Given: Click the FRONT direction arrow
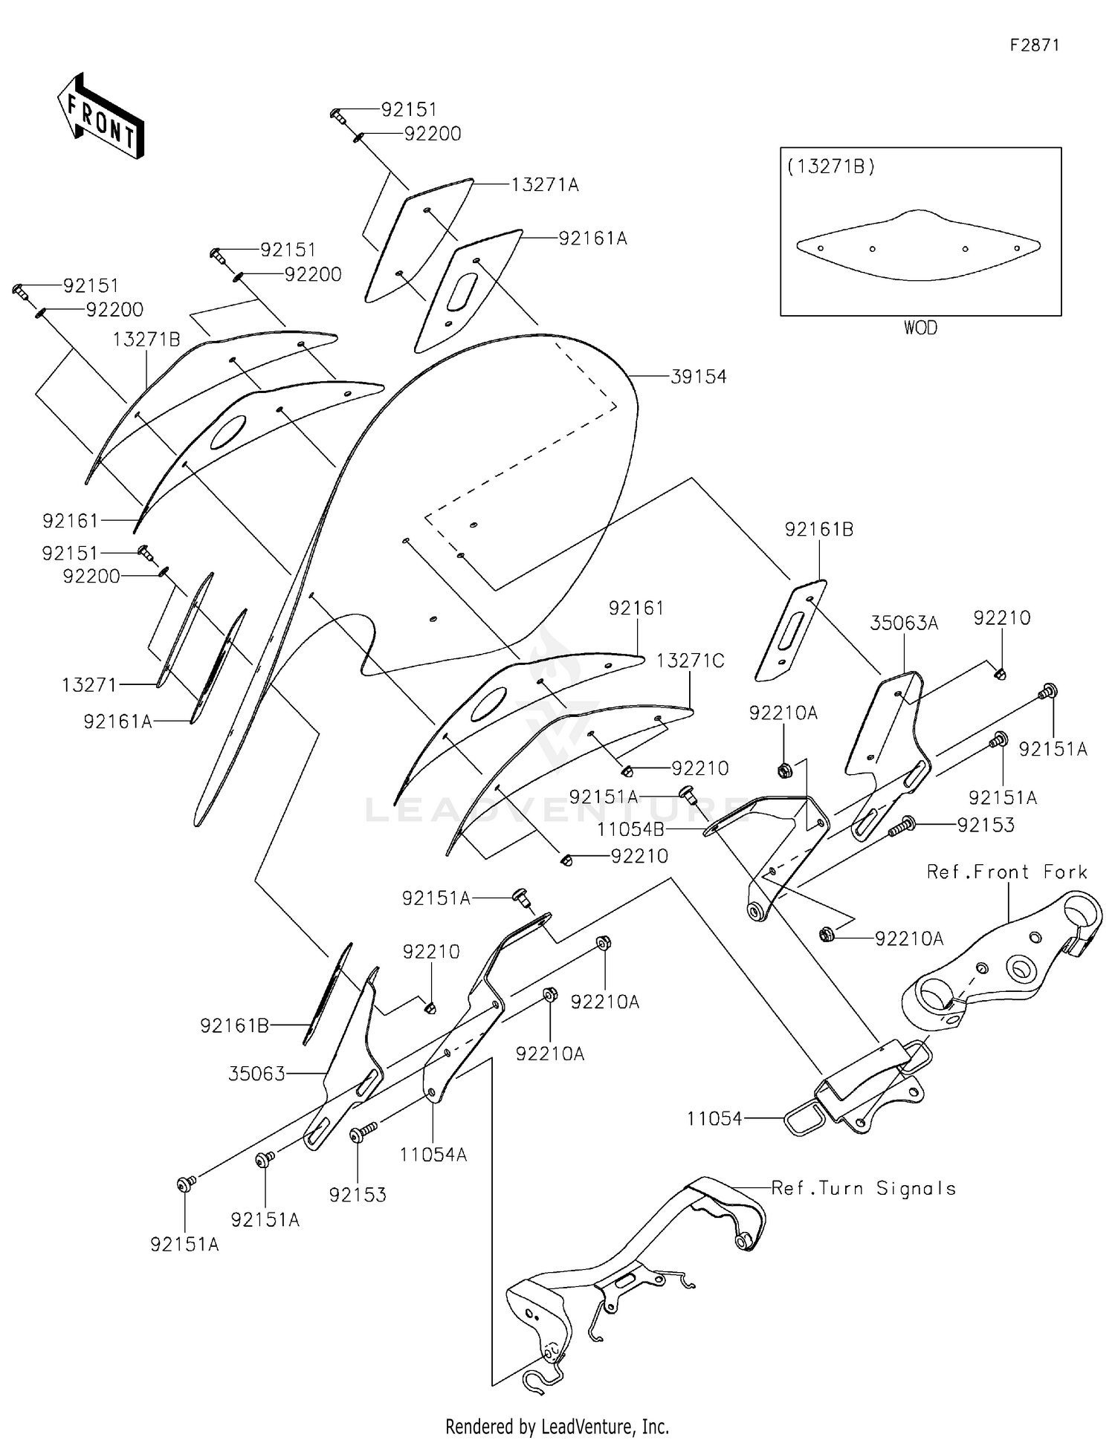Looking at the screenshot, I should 100,117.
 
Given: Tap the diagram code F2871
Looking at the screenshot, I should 1034,45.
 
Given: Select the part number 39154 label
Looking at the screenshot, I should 698,377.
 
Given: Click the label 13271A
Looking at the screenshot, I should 544,185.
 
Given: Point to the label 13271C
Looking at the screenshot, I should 690,661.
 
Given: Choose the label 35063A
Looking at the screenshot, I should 904,623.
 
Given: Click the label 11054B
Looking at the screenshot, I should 630,829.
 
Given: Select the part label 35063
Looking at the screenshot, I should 256,1074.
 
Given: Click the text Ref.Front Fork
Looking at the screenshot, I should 1006,872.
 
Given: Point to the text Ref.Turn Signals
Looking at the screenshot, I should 863,1188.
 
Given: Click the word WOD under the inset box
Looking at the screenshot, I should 920,328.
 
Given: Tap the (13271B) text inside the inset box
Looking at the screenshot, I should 831,166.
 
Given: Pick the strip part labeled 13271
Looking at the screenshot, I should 184,628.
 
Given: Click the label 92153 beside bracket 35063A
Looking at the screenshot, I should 985,825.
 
